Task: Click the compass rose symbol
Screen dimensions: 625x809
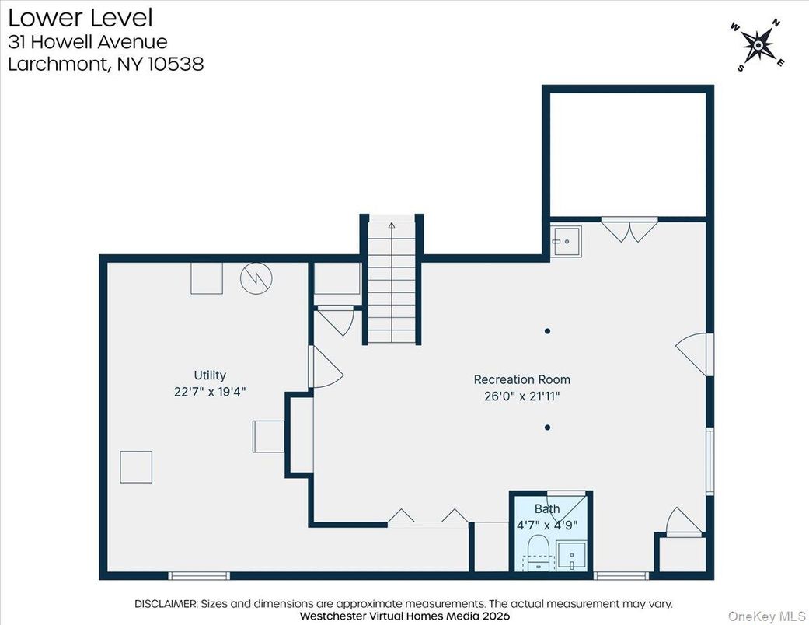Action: pos(757,46)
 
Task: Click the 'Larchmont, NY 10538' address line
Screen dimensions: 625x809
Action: pos(106,64)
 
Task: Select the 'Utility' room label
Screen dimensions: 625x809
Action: pos(210,375)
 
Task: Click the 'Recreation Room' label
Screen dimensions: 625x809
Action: pos(521,379)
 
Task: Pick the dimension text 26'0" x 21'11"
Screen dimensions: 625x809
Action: pos(521,396)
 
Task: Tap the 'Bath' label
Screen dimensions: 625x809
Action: pos(546,508)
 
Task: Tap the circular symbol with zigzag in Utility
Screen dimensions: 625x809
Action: pos(256,279)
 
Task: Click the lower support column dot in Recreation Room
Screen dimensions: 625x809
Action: pos(548,427)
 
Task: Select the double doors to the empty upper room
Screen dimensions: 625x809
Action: pos(629,230)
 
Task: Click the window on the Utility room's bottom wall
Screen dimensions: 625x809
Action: pos(200,576)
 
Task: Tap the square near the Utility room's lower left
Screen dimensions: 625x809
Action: pos(136,466)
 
